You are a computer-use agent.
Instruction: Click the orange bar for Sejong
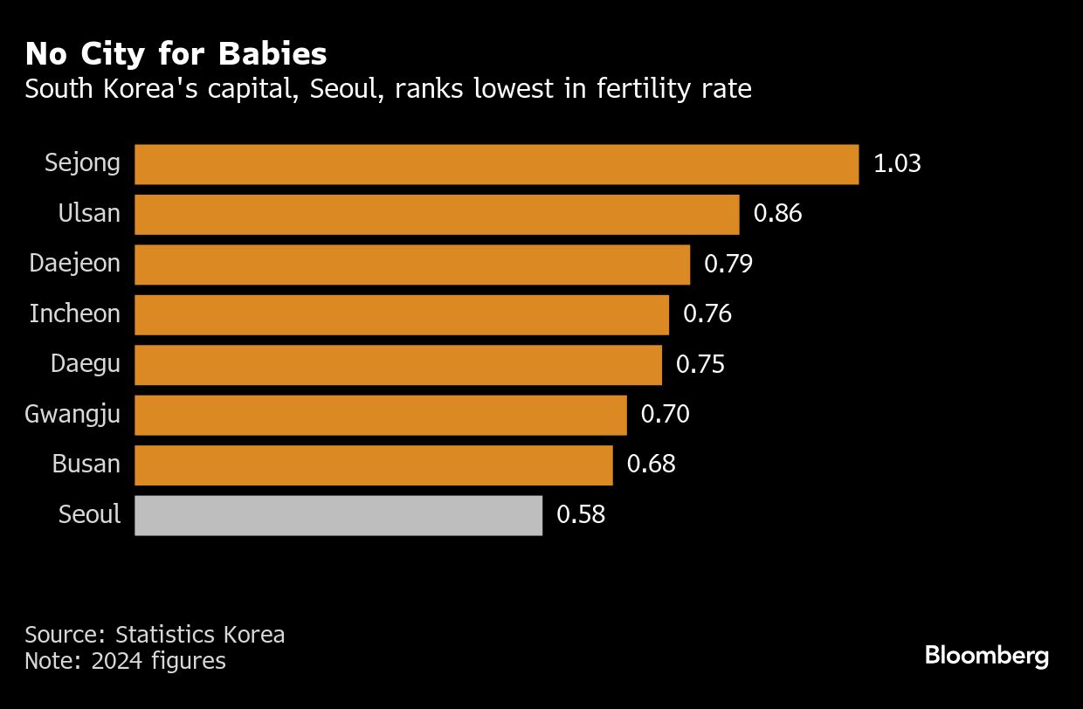click(496, 164)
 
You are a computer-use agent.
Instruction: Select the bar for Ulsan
click(437, 214)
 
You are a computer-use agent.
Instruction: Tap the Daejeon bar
click(412, 265)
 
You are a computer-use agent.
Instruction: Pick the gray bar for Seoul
click(338, 515)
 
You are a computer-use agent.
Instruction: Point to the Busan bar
click(374, 465)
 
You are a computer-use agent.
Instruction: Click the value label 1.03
click(897, 164)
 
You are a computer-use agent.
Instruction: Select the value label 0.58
click(581, 515)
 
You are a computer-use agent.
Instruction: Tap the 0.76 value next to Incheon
click(707, 314)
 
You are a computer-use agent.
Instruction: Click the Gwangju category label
click(72, 415)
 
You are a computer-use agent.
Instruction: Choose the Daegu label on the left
click(86, 364)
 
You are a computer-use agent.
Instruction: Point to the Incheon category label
click(75, 314)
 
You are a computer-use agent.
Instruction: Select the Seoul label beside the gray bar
click(89, 515)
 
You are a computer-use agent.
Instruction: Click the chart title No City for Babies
click(176, 54)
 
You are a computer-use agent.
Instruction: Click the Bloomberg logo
click(986, 656)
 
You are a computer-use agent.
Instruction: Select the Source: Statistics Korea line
click(155, 635)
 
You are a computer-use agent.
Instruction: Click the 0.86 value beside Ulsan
click(777, 214)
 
